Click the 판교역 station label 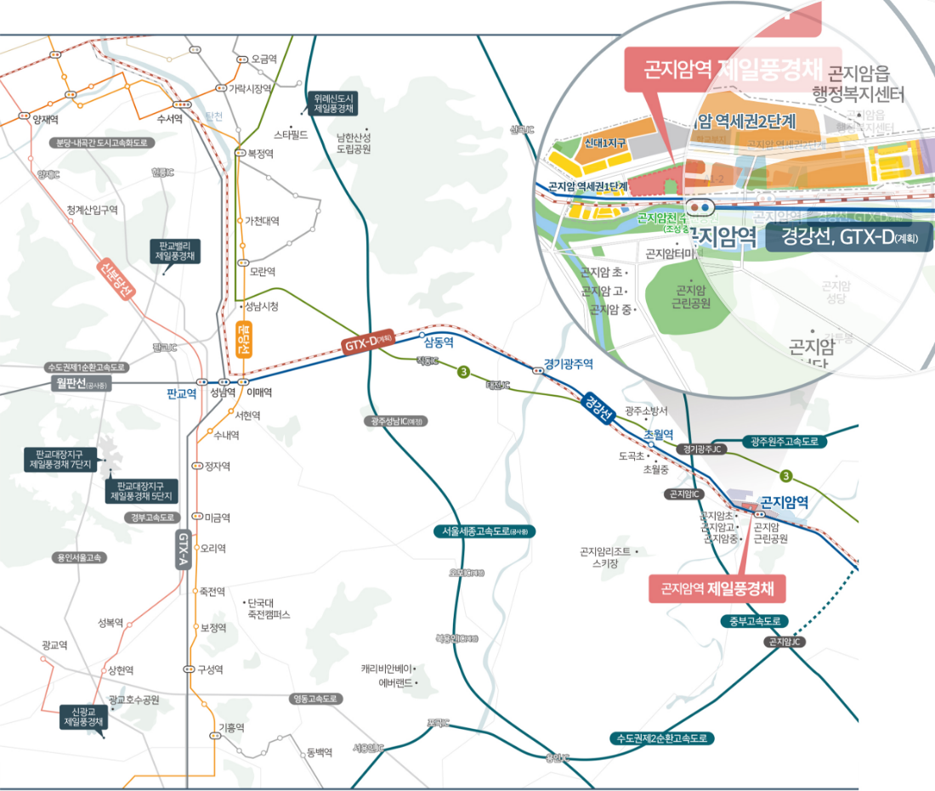coord(182,393)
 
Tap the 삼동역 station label coord(439,343)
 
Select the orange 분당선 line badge coord(243,338)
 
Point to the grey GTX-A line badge coord(183,549)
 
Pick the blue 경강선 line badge coord(599,407)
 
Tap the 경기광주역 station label coord(568,364)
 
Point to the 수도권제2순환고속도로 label coord(663,738)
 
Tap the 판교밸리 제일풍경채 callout coord(175,250)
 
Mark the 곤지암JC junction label coord(785,642)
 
